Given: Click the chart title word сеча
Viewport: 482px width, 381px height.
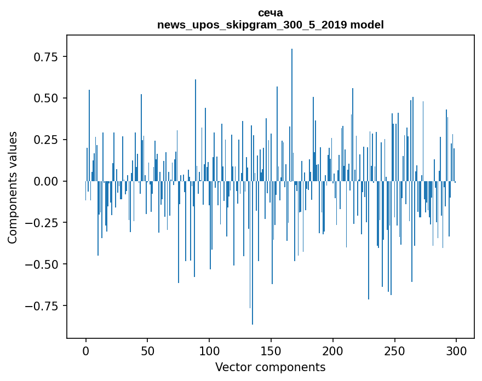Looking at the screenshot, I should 270,13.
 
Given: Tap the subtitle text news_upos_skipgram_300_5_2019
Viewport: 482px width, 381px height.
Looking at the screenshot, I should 253,25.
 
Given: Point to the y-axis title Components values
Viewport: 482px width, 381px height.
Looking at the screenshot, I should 13,187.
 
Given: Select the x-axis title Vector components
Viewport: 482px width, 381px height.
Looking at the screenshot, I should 270,367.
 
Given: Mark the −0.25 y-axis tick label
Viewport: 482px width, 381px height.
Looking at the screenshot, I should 43,223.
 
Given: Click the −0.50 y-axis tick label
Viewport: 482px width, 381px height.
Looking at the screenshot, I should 43,264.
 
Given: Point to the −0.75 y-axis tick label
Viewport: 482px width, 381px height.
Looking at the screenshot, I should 43,305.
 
